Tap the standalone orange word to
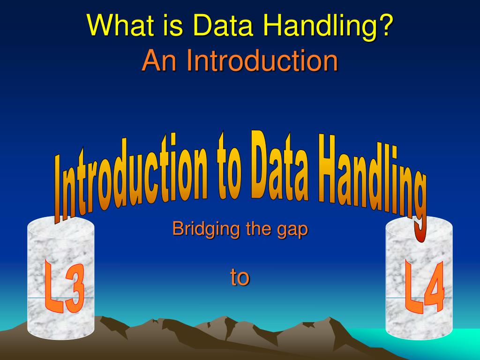[240, 277]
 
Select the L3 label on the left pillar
[64, 286]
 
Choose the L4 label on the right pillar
[425, 287]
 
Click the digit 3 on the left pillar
[75, 290]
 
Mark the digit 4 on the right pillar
[434, 288]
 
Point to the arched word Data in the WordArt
[279, 165]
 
